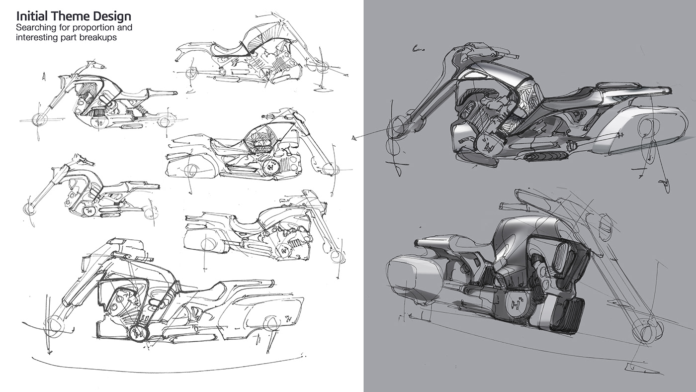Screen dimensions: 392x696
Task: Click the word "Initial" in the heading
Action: (x=29, y=16)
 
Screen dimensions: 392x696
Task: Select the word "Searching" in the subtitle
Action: (x=37, y=27)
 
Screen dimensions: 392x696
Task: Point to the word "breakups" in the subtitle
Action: (x=100, y=37)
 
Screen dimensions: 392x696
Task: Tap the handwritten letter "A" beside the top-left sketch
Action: (x=45, y=77)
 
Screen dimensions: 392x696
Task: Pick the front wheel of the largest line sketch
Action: (x=55, y=326)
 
